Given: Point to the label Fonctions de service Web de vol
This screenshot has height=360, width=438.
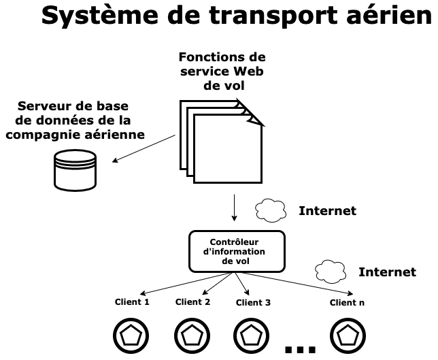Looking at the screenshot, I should (x=222, y=71).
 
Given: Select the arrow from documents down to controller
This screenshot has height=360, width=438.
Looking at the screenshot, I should (x=235, y=208).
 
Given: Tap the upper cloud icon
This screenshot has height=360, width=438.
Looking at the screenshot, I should (x=271, y=210).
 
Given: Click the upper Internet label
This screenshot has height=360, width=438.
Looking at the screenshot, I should (x=327, y=211).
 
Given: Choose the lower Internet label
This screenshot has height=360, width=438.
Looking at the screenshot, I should (x=387, y=272).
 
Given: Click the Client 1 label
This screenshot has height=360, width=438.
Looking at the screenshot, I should (x=132, y=302).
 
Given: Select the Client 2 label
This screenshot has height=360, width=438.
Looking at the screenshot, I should (x=193, y=302).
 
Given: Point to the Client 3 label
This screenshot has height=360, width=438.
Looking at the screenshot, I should (x=253, y=303).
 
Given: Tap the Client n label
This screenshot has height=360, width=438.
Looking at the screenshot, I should (x=347, y=303).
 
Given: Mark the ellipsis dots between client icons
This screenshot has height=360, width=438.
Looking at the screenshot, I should (x=300, y=349).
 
